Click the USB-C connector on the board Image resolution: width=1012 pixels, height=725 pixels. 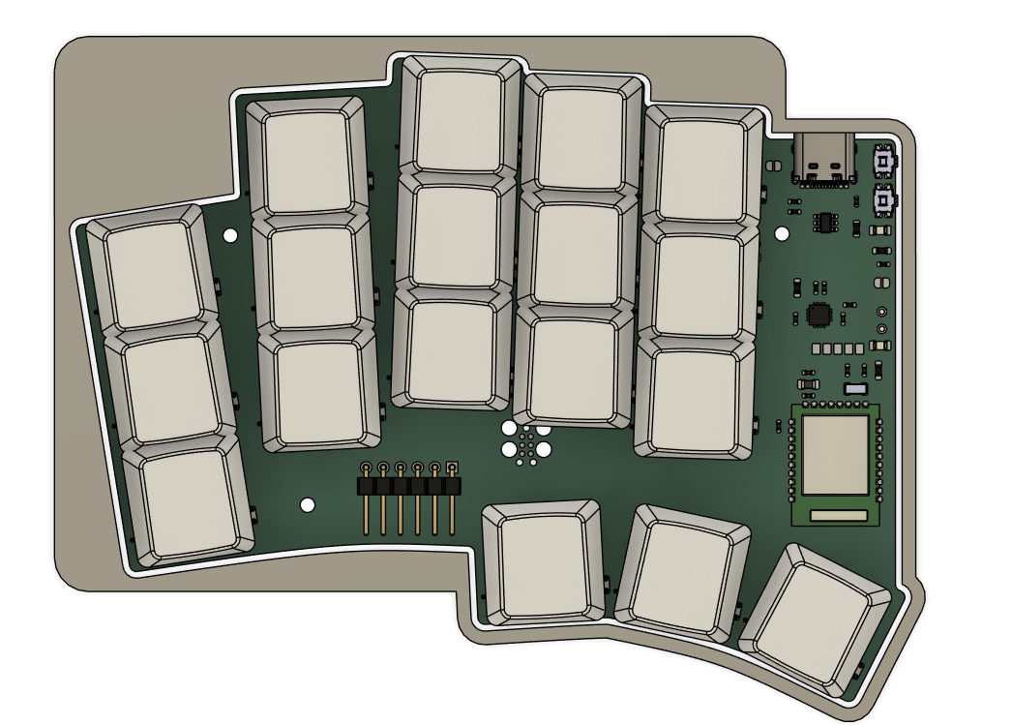click(x=823, y=157)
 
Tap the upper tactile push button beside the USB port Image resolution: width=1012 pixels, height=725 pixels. click(x=882, y=159)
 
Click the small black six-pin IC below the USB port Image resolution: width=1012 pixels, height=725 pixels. click(x=824, y=221)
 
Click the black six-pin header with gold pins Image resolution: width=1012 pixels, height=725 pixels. click(x=409, y=484)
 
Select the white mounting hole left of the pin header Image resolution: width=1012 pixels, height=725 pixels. click(x=308, y=504)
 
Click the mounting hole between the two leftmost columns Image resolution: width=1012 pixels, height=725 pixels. click(x=230, y=235)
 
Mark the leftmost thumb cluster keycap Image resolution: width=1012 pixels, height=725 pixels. click(x=542, y=562)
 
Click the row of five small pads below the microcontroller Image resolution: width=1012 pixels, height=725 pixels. click(x=838, y=347)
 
